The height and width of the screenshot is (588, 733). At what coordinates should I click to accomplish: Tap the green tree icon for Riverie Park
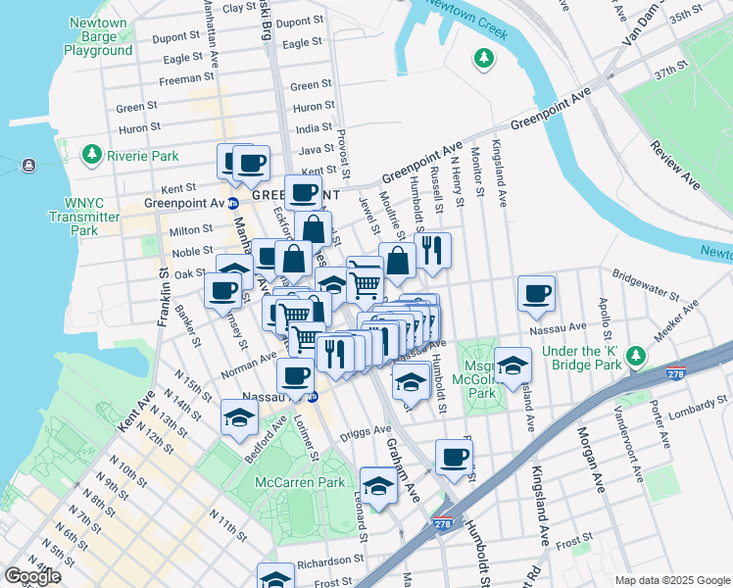click(92, 155)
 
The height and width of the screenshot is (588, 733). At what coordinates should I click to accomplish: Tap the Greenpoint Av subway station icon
click(233, 204)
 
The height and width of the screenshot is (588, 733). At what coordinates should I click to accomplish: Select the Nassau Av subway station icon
click(313, 397)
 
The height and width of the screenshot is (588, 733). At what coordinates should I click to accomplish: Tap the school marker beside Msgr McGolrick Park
click(512, 366)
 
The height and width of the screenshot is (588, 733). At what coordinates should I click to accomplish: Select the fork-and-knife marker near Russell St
click(432, 249)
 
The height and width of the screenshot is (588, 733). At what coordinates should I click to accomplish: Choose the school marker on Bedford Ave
click(239, 417)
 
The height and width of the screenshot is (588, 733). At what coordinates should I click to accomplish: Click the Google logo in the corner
click(32, 576)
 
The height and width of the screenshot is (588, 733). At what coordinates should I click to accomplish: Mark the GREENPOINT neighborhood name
click(282, 195)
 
